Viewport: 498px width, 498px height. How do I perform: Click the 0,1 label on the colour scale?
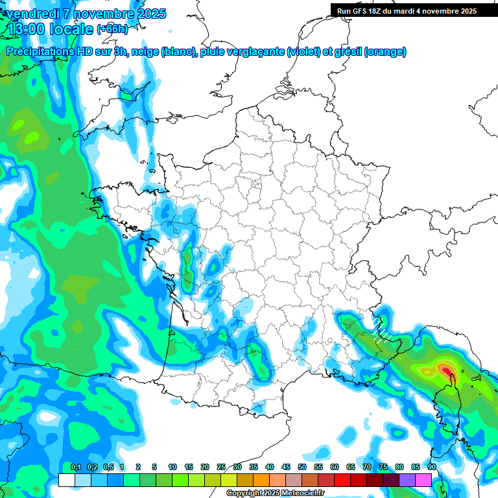[x=76, y=467]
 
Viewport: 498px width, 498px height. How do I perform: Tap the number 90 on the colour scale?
[x=432, y=467]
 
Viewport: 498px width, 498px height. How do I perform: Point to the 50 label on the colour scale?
[x=302, y=467]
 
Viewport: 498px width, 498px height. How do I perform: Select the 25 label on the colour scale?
[x=221, y=467]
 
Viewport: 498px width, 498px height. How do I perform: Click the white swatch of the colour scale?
[x=66, y=480]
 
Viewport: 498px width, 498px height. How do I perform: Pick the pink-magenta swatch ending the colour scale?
[x=423, y=480]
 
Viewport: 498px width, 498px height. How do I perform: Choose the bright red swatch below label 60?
[x=342, y=480]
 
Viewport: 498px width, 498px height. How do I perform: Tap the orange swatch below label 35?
[x=261, y=480]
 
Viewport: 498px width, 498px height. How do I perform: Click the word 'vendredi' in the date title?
[x=32, y=14]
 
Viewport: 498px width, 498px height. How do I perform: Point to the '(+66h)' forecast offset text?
[x=112, y=29]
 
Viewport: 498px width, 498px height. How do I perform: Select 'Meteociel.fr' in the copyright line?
[x=303, y=493]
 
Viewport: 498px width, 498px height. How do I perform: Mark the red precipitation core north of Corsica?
[x=447, y=370]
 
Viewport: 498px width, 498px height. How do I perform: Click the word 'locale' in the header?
[x=71, y=29]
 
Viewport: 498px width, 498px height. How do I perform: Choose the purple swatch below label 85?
[x=407, y=480]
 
